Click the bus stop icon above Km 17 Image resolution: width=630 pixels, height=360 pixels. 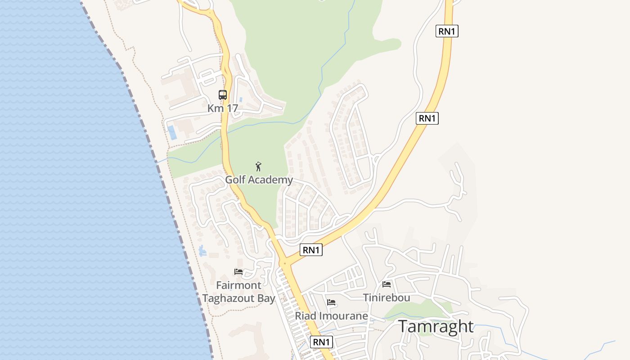coord(223,95)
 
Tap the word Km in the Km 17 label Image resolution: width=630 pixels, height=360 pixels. coord(215,108)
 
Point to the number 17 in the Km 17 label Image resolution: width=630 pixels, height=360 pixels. coord(232,108)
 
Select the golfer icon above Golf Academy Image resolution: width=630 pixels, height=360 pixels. coord(258,166)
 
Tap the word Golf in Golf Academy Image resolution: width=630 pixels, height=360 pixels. coord(235,180)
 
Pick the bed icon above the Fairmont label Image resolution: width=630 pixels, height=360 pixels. coord(238,272)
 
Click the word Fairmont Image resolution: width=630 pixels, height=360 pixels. coord(238,285)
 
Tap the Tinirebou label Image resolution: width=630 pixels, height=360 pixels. coord(387,298)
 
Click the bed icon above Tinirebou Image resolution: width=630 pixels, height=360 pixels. coord(387,284)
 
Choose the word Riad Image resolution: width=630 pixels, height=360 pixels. coord(305,316)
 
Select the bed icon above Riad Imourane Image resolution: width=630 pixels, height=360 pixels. coord(332,302)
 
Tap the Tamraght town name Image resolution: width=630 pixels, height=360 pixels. coord(436,327)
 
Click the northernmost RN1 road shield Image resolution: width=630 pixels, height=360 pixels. coord(447,31)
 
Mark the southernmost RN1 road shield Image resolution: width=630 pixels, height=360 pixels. coord(322,342)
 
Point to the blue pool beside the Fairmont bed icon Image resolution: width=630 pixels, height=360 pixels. coord(202,251)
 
